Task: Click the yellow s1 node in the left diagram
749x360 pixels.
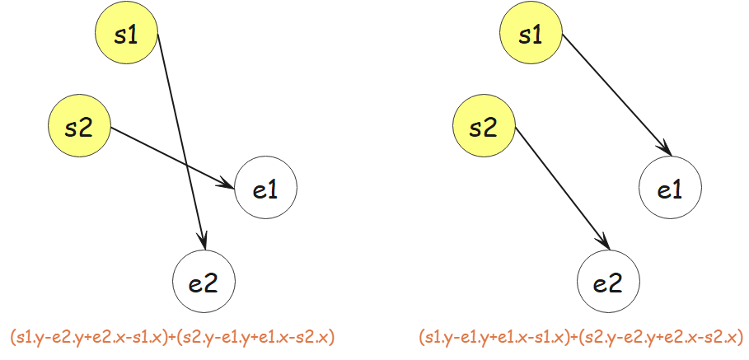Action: [126, 35]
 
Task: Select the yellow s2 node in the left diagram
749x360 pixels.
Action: [80, 127]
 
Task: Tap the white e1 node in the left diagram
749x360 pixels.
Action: [264, 190]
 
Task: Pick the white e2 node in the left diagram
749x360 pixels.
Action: [204, 283]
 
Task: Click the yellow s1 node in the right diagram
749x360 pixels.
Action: [531, 35]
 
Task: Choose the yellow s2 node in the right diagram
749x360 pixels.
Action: [485, 127]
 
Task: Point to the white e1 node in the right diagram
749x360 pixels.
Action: [670, 190]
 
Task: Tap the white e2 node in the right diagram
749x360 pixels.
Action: [609, 283]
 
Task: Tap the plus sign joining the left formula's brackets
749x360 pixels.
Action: [173, 338]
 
